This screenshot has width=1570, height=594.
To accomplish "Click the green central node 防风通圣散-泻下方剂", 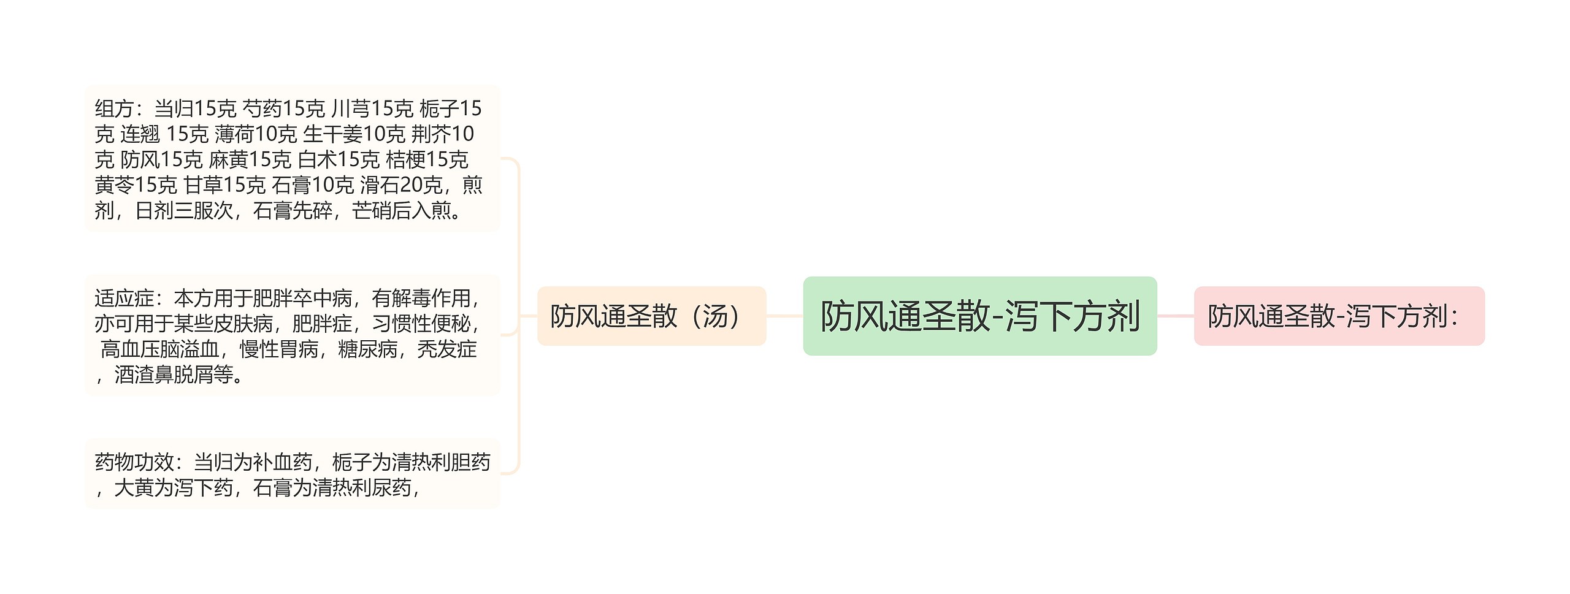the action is click(x=979, y=316).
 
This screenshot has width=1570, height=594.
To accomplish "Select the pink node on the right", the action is click(x=1339, y=316).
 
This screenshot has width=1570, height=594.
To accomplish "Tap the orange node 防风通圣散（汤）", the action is click(x=651, y=316).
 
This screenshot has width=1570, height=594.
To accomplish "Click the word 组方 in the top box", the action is click(x=114, y=109).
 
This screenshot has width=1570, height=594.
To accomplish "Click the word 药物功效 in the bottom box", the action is click(x=134, y=462).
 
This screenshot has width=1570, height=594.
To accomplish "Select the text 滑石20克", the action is click(x=400, y=185).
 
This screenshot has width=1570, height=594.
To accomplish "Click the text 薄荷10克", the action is click(x=256, y=134).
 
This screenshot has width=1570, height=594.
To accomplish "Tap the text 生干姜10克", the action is click(x=354, y=134).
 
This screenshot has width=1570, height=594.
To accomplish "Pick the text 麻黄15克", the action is click(x=250, y=159).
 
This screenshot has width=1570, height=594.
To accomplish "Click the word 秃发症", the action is click(x=446, y=349).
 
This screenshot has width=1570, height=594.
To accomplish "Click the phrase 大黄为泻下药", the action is click(x=173, y=488).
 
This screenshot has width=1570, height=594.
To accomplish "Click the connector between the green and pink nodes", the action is click(x=1175, y=316).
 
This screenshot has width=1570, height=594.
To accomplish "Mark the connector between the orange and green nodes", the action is click(x=784, y=316).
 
